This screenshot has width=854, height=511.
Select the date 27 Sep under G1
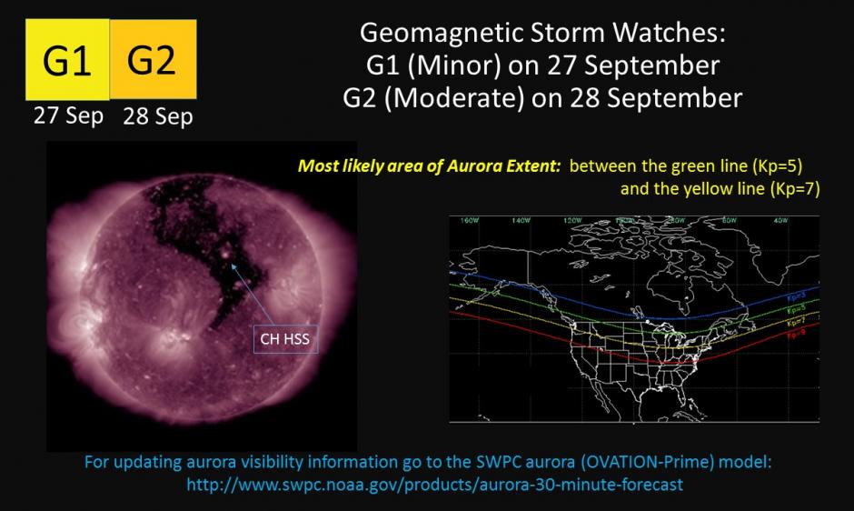[68, 116]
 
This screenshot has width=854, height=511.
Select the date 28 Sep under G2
[157, 116]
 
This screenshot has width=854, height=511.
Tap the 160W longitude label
[470, 221]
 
